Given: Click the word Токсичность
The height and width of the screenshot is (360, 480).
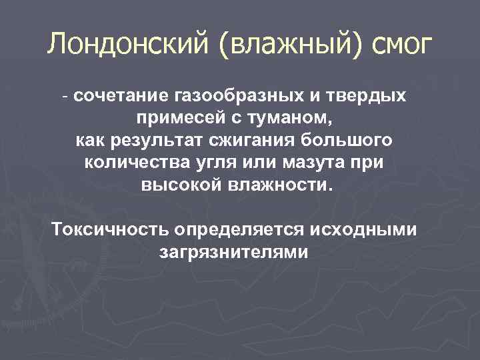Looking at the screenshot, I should (x=110, y=230).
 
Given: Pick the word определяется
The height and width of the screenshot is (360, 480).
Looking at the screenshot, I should (x=240, y=230).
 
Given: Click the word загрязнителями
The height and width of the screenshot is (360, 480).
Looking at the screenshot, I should (x=234, y=253).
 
